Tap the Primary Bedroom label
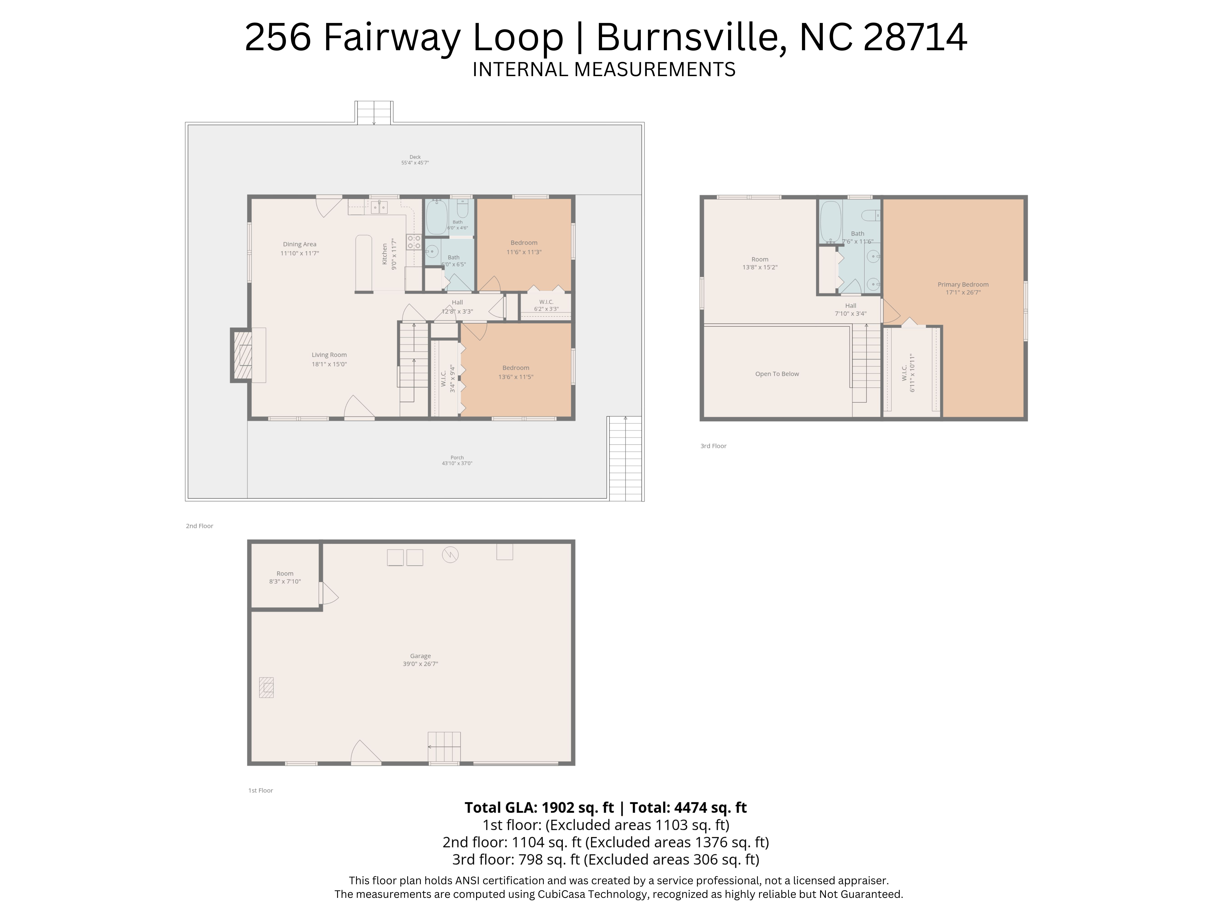pyautogui.click(x=963, y=284)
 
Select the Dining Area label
pyautogui.click(x=299, y=244)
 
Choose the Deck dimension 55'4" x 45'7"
pyautogui.click(x=415, y=163)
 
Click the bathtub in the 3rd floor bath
pyautogui.click(x=830, y=221)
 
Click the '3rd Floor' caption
pyautogui.click(x=714, y=446)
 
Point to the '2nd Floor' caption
pyautogui.click(x=200, y=526)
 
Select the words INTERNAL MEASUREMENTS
pyautogui.click(x=604, y=70)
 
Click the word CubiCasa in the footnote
pyautogui.click(x=563, y=894)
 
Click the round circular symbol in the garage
pyautogui.click(x=450, y=555)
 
